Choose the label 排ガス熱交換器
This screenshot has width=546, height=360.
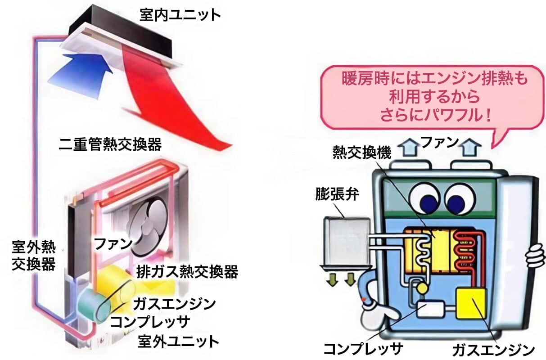point(187,271)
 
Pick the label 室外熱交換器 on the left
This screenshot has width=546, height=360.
point(34,256)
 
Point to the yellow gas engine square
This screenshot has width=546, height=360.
point(471,304)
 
